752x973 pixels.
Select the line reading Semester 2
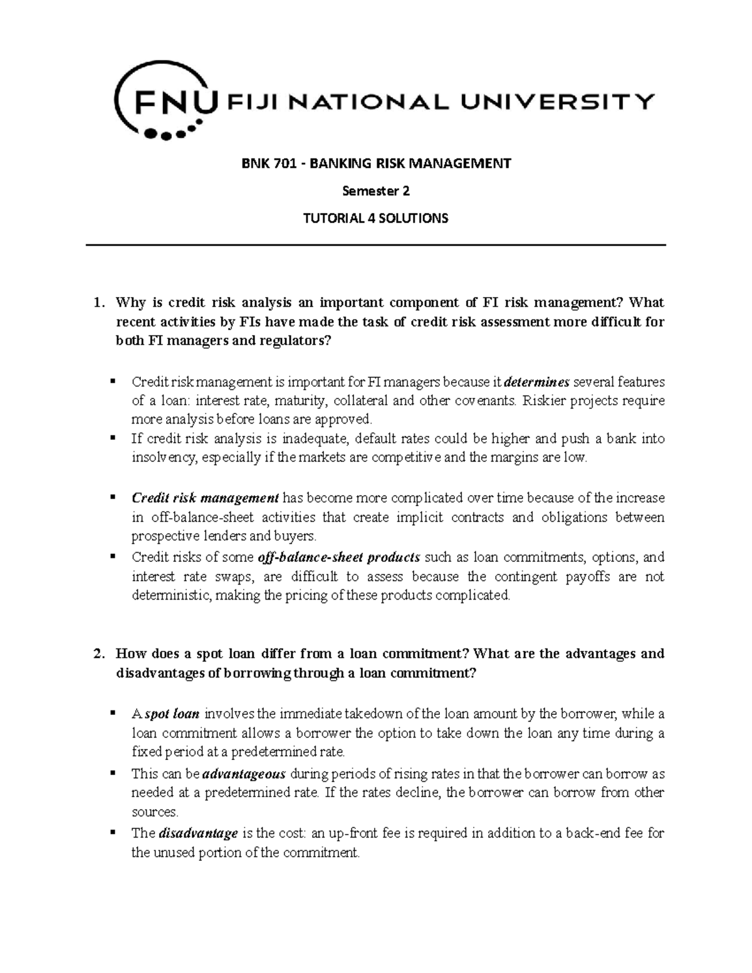375,191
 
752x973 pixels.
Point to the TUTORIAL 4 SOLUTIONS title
375,219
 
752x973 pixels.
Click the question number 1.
97,303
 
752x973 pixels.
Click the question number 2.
97,654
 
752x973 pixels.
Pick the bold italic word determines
537,382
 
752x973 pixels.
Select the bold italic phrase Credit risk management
205,498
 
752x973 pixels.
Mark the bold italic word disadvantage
199,833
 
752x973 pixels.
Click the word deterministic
172,595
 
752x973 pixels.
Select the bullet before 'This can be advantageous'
113,773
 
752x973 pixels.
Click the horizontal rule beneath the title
375,245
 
